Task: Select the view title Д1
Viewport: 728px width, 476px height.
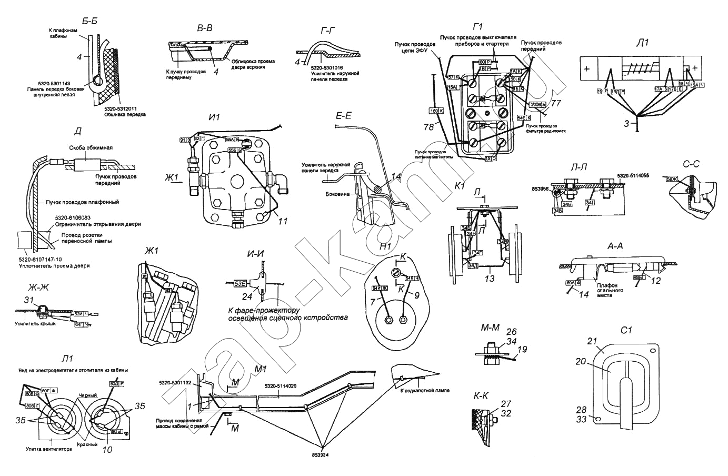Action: tap(642, 43)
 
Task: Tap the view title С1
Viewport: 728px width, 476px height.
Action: tap(625, 330)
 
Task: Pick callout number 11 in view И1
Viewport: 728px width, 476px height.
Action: tap(283, 222)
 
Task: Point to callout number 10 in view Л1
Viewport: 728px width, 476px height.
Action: tap(108, 449)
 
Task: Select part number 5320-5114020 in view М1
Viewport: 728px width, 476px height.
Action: tap(280, 386)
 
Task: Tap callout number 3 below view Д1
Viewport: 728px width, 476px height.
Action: tap(626, 123)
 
